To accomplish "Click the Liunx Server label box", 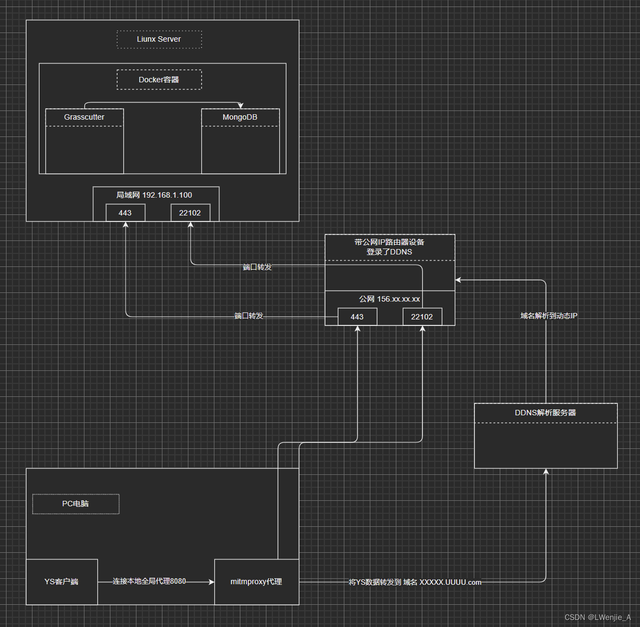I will (x=159, y=40).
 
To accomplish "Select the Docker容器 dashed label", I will (x=159, y=80).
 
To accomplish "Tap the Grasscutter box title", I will (x=84, y=117).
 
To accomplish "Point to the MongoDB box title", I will (x=240, y=117).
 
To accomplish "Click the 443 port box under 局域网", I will (x=125, y=213).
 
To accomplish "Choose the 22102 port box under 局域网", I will (x=190, y=213).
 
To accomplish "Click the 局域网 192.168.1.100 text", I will (x=154, y=195).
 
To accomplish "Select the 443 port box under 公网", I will (x=357, y=317).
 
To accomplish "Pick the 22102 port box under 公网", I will (x=422, y=317).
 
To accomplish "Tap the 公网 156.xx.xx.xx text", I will (x=390, y=299).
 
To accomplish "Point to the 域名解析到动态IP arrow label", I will (x=548, y=316).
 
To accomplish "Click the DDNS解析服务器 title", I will (x=545, y=413).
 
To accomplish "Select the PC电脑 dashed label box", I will (x=76, y=504).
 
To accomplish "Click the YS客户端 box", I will (x=62, y=582).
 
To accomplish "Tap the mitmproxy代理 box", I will (x=257, y=582).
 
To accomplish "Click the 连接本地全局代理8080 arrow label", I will (x=149, y=581).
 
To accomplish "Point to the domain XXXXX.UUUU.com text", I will (x=450, y=582).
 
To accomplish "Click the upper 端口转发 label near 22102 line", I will (x=257, y=267).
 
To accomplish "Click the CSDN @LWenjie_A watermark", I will (x=597, y=617).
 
